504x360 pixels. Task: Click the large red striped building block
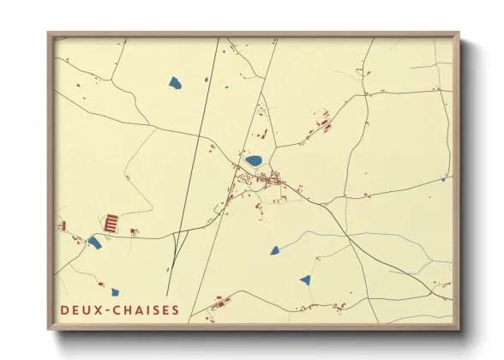click(111, 223)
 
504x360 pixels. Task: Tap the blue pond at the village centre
click(254, 160)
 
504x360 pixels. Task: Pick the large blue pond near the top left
click(175, 83)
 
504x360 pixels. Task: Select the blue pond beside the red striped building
click(94, 243)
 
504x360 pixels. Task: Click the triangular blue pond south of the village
click(274, 250)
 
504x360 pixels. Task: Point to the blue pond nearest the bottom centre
click(304, 279)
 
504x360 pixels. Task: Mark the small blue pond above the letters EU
click(115, 292)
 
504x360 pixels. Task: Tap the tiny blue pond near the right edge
click(443, 180)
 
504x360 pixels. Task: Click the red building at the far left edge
click(63, 226)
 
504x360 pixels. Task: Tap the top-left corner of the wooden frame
click(49, 34)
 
